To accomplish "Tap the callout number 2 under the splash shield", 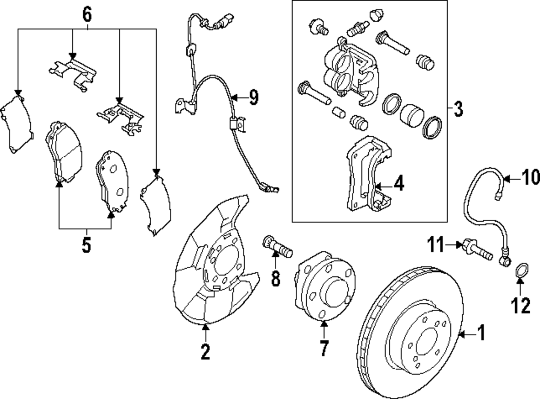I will pos(205,352).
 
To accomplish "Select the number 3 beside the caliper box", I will pos(458,110).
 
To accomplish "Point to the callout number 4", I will pos(399,184).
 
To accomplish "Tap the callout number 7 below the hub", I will pos(323,349).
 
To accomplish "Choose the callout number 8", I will pos(276,278).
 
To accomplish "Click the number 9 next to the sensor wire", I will pos(253,97).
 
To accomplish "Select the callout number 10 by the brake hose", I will pos(530,177).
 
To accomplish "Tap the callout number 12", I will pos(521,307).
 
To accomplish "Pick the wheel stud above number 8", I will pos(277,245).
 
